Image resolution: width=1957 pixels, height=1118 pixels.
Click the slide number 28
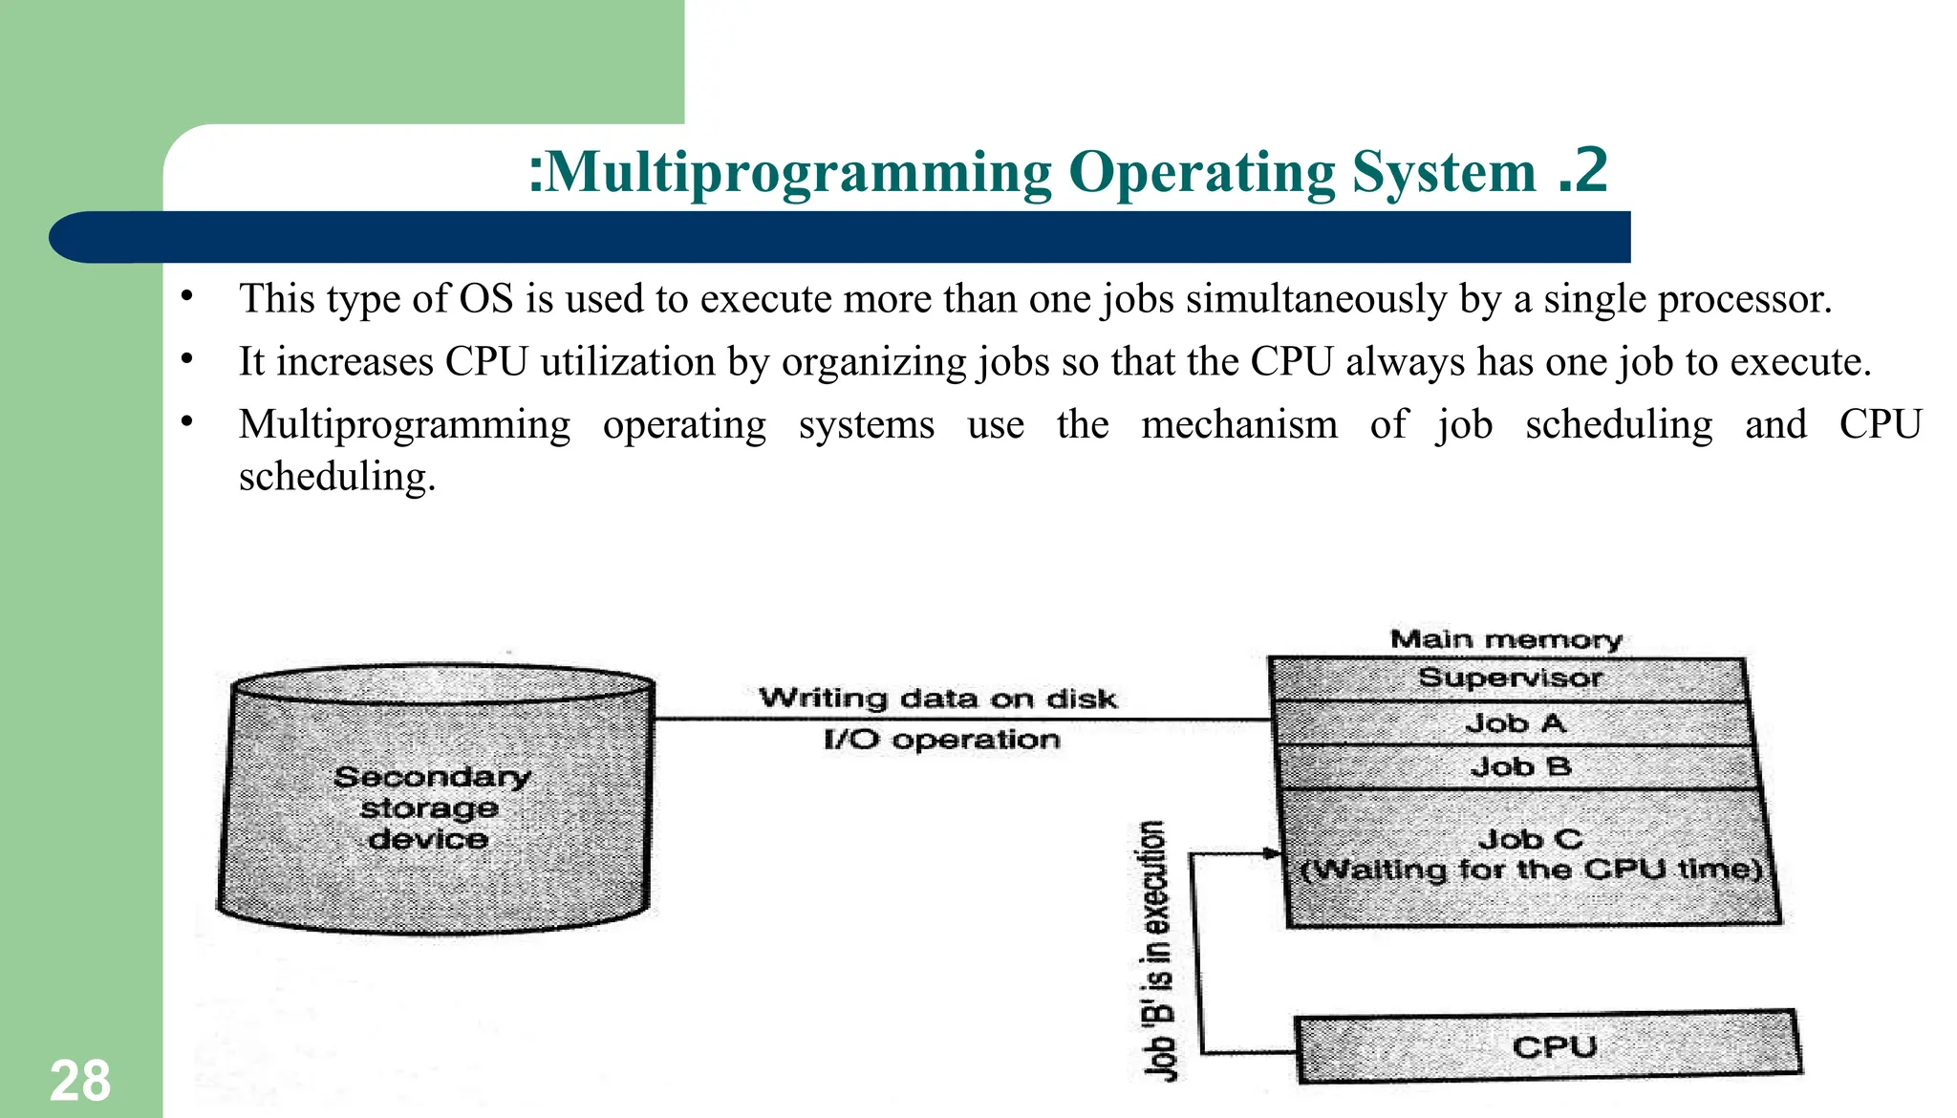[80, 1082]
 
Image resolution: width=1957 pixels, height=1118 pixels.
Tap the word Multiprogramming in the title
[800, 173]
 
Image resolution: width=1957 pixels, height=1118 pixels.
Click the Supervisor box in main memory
[1509, 678]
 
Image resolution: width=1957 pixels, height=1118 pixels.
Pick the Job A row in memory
[1516, 723]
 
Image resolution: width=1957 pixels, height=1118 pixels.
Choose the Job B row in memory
[1519, 766]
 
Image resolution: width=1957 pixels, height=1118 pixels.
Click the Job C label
[1530, 839]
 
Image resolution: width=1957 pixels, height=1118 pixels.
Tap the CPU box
[1553, 1047]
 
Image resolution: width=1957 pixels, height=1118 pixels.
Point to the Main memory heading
[1506, 638]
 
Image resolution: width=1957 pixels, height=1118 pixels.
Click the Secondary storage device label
[430, 807]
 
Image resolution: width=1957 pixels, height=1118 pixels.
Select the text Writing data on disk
[937, 699]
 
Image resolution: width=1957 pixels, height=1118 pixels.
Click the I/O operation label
[941, 740]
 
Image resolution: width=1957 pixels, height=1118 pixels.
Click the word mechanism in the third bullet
[1239, 425]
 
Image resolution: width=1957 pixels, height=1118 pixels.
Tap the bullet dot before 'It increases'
[188, 360]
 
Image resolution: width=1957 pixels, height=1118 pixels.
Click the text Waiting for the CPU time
[1532, 871]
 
